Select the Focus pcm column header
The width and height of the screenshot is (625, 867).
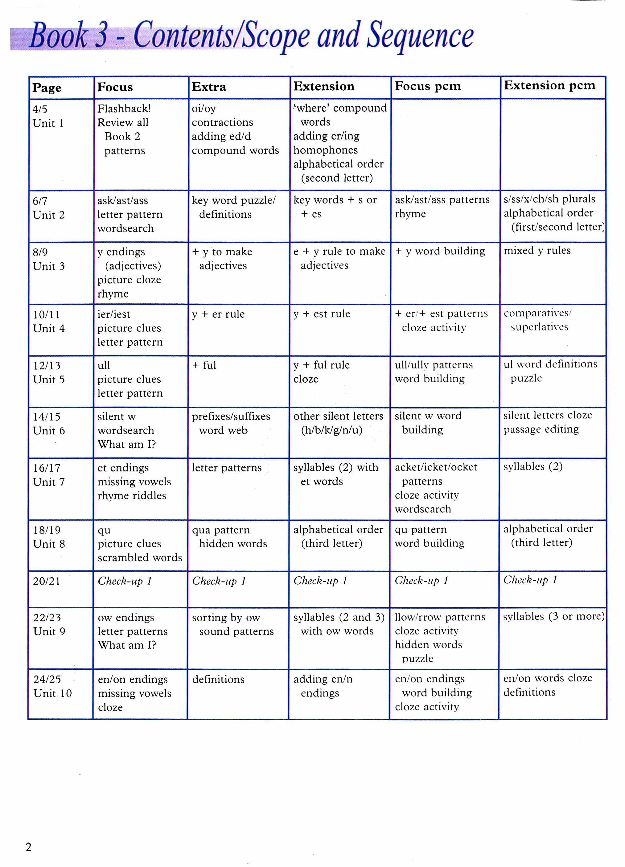[x=427, y=86]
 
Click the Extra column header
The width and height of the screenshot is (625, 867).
[x=209, y=87]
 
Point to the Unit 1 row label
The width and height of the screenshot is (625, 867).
[x=48, y=123]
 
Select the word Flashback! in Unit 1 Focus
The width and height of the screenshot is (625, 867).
[x=124, y=109]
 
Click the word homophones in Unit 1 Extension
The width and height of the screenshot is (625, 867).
[x=325, y=150]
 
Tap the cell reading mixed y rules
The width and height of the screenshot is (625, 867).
[x=537, y=250]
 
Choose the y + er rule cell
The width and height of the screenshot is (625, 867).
[x=218, y=314]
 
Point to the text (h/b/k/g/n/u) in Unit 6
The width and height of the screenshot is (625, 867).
[x=331, y=430]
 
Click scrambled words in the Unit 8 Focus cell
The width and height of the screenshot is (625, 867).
[x=140, y=557]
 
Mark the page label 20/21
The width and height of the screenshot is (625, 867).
[x=46, y=581]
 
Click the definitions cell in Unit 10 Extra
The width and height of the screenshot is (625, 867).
[x=218, y=679]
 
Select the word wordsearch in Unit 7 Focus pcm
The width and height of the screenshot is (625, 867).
[x=423, y=509]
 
